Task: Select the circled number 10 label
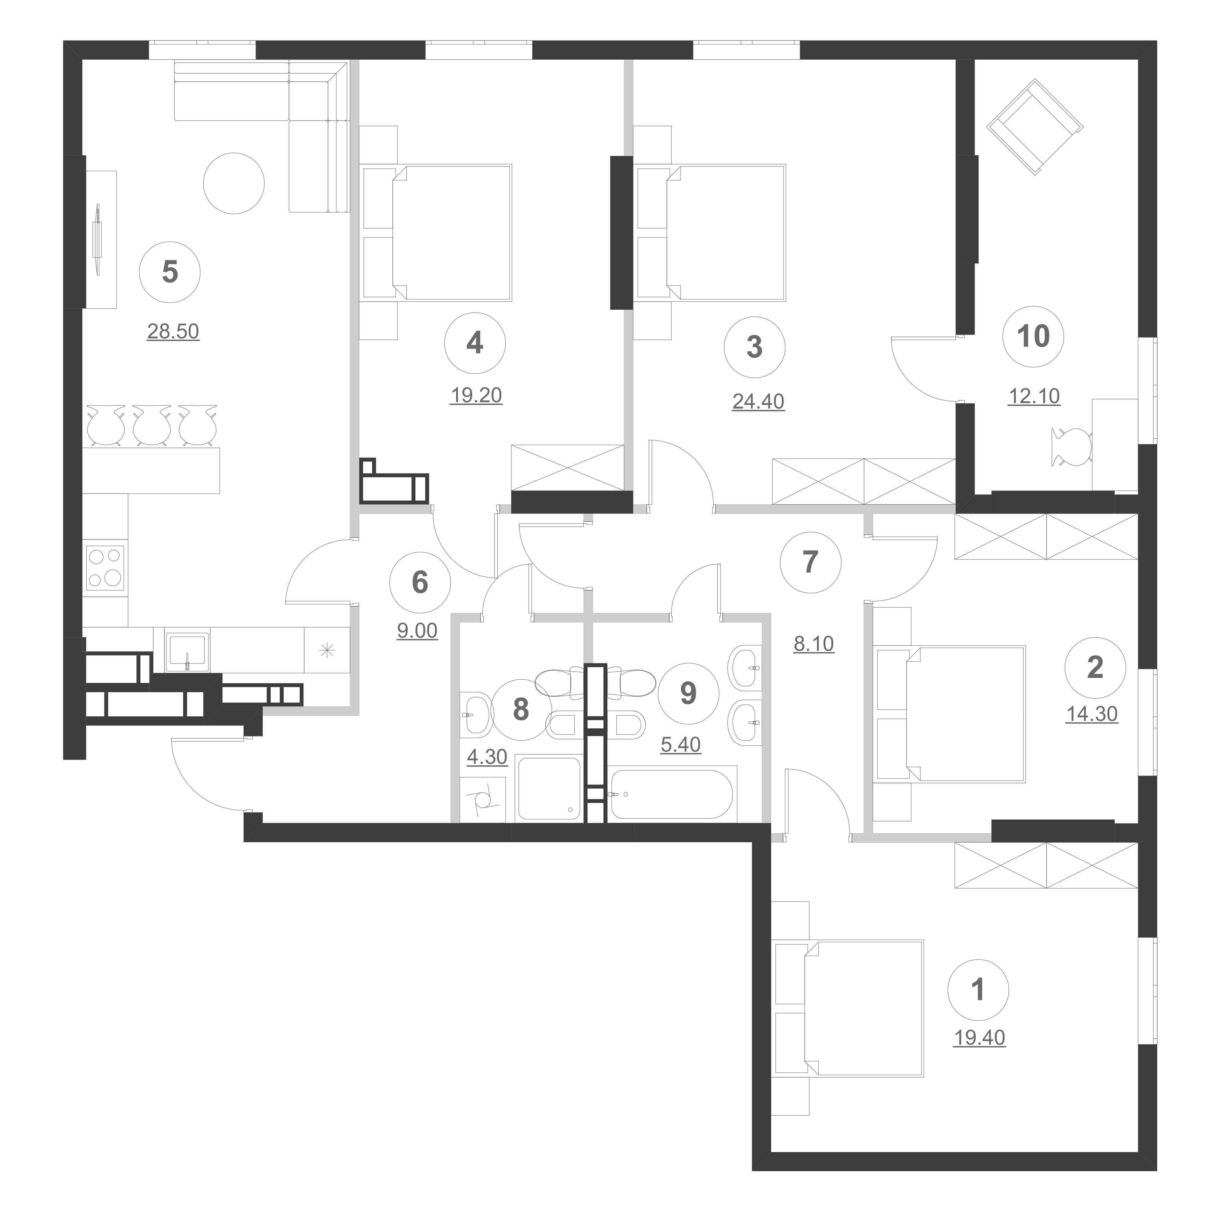pyautogui.click(x=1034, y=336)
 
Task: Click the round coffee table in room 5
pyautogui.click(x=233, y=184)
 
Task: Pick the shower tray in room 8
pyautogui.click(x=548, y=788)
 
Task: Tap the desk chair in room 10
pyautogui.click(x=1071, y=446)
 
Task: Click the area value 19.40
pyautogui.click(x=979, y=1055)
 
